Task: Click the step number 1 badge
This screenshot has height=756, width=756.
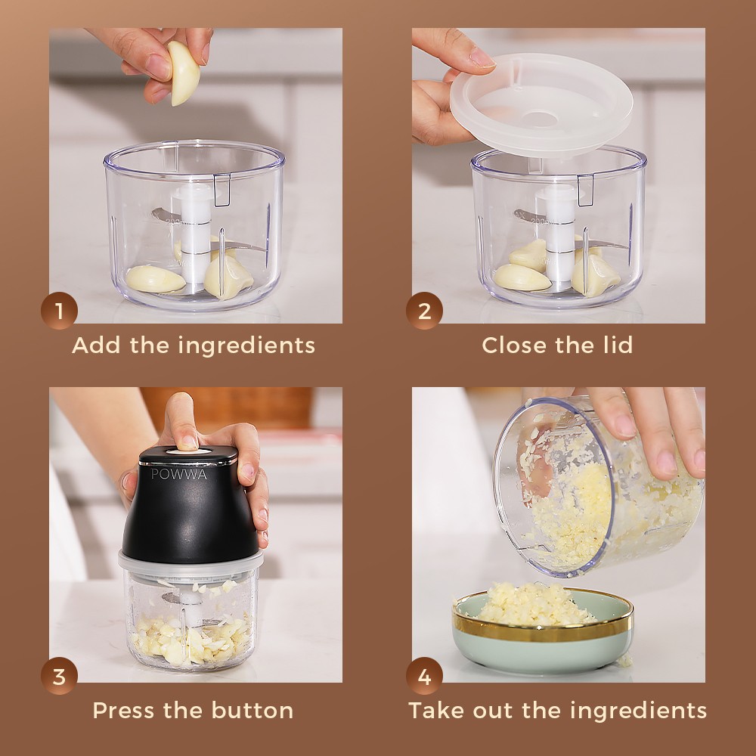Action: point(59,311)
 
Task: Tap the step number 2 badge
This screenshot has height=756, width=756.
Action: point(424,311)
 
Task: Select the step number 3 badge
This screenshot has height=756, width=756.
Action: point(59,676)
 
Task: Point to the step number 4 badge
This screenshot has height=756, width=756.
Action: point(424,676)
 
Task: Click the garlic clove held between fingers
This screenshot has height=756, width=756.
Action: point(183,73)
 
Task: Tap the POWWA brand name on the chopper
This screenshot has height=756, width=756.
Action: point(179,474)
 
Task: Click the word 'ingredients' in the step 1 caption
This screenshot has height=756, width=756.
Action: point(246,346)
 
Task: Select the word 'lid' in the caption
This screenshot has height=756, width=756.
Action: point(618,345)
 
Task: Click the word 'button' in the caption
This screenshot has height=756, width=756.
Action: point(253,710)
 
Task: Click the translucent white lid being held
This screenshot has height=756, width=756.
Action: point(541,104)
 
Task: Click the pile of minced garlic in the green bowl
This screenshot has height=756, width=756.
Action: point(533,604)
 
